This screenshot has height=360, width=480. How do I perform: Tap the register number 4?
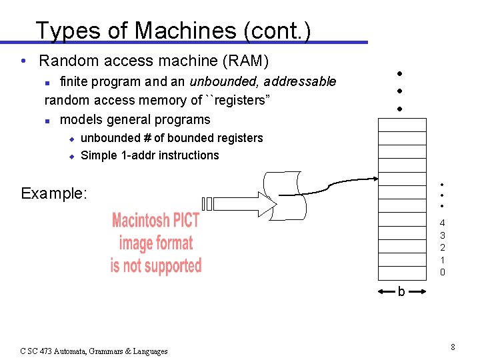click(442, 223)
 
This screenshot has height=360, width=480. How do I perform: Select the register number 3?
click(442, 235)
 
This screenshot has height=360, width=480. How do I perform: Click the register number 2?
click(442, 247)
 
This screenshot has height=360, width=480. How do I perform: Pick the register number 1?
click(442, 259)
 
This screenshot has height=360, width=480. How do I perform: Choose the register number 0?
click(442, 272)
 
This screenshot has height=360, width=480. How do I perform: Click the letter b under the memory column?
click(401, 291)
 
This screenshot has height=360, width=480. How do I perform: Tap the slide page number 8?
click(453, 347)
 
